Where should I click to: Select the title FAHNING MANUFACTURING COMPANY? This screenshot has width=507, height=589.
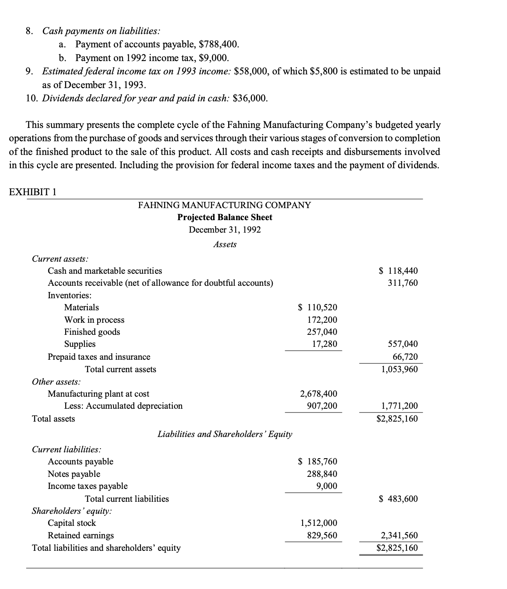pos(224,205)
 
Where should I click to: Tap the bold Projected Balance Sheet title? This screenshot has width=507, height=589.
pos(224,217)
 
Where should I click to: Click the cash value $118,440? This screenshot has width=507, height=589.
pos(399,271)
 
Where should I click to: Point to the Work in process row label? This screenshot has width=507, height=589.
pos(94,320)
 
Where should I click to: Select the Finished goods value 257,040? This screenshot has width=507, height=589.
pos(322,332)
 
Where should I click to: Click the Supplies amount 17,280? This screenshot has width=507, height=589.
pos(325,344)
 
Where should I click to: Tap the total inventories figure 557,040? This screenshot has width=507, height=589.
pos(402,344)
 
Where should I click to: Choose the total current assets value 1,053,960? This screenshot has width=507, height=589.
pos(399,369)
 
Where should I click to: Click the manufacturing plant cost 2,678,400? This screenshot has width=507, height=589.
pos(318,394)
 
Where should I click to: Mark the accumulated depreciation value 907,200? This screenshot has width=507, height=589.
pos(322,406)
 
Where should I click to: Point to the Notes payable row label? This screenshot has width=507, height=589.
pos(74,474)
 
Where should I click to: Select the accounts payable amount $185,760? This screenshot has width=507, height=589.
pos(318,461)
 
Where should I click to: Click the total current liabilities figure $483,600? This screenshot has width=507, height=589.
pos(399,499)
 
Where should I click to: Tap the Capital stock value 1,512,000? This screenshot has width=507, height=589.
pos(318,523)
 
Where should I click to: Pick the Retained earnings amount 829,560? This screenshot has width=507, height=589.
pos(322,535)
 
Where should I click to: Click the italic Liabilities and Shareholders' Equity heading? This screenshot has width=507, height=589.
pos(224,434)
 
